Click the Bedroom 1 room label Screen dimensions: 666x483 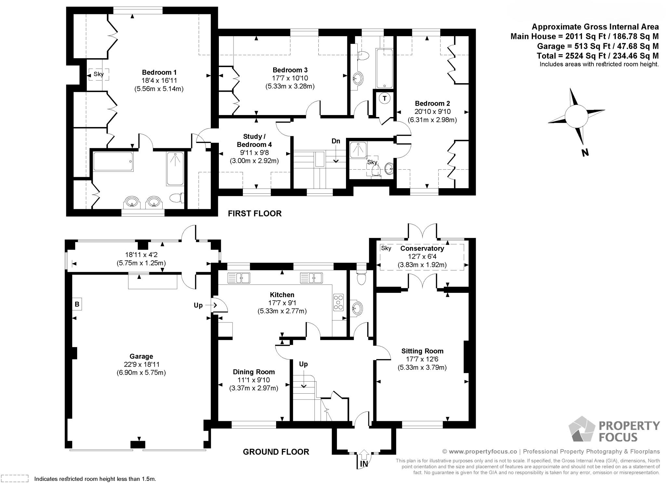click(159, 72)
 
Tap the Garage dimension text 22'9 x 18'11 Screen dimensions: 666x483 click(141, 365)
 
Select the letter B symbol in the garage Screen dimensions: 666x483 click(77, 304)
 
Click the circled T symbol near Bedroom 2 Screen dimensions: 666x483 click(385, 98)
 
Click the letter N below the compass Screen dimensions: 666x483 click(585, 152)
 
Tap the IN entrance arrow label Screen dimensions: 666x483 click(364, 464)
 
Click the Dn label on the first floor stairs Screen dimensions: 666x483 click(336, 141)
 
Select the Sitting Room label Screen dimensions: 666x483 click(422, 351)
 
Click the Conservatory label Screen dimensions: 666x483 click(422, 248)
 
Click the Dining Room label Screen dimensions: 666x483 click(254, 372)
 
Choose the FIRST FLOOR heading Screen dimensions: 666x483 click(255, 214)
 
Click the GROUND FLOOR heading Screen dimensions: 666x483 click(276, 452)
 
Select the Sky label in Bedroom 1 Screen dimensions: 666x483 click(99, 74)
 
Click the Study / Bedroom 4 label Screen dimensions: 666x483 click(254, 140)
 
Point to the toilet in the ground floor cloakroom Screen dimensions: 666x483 click(361, 277)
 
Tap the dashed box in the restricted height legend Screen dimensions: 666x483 click(15, 478)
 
